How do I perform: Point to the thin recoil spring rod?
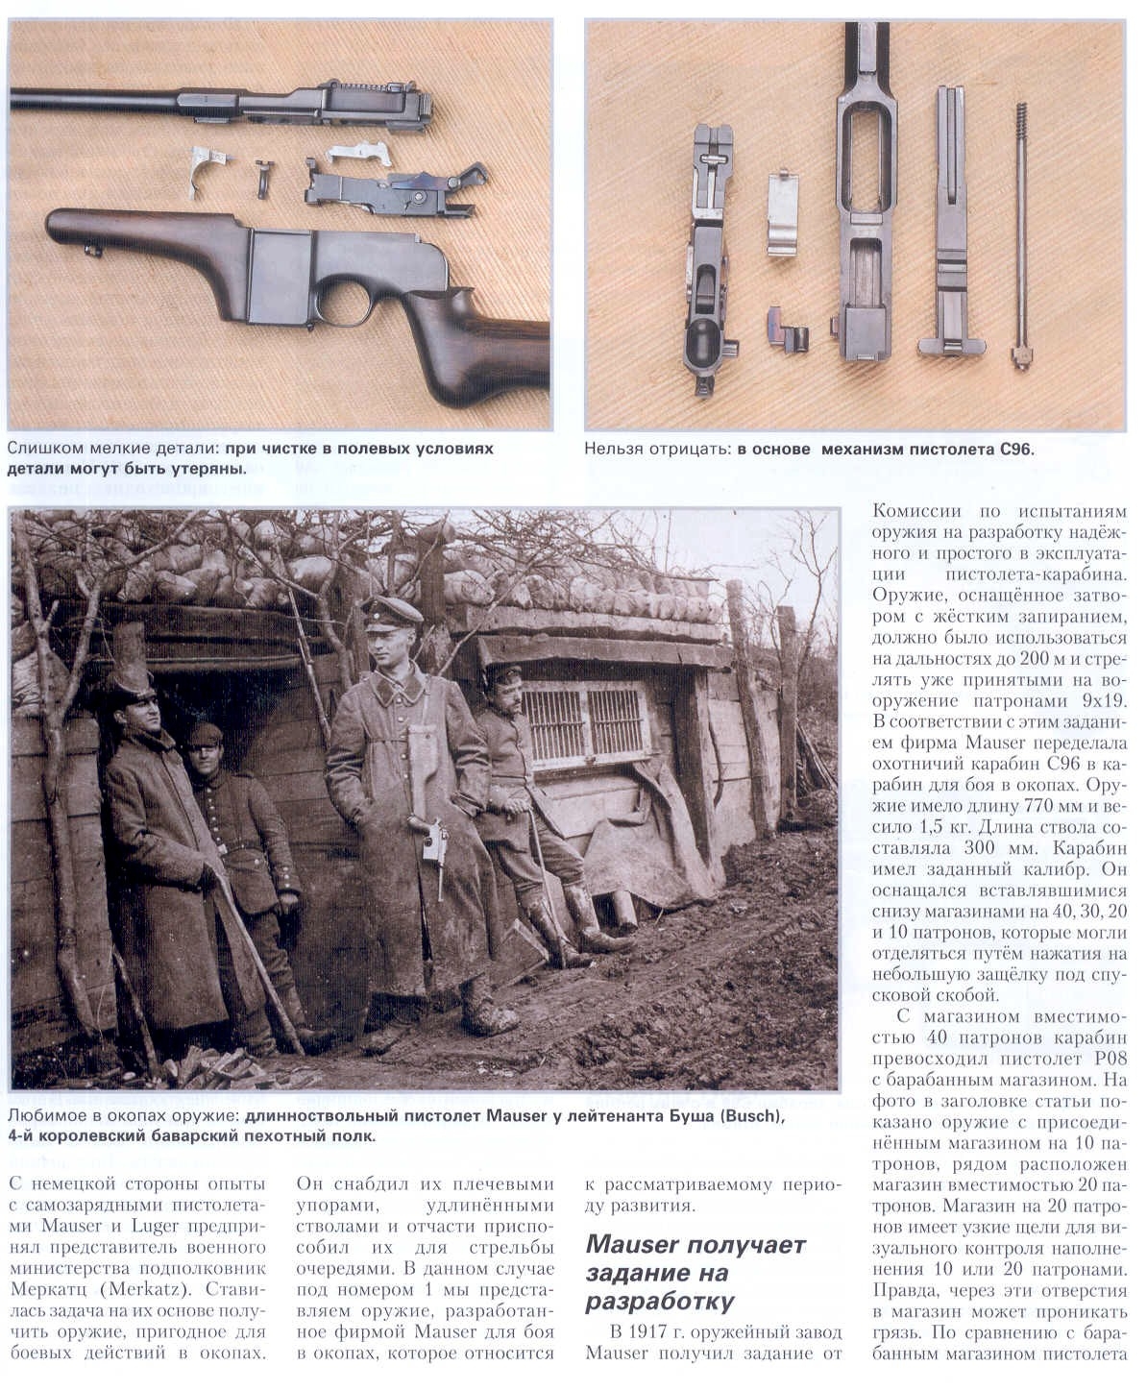[1020, 231]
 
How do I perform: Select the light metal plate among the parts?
[783, 213]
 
